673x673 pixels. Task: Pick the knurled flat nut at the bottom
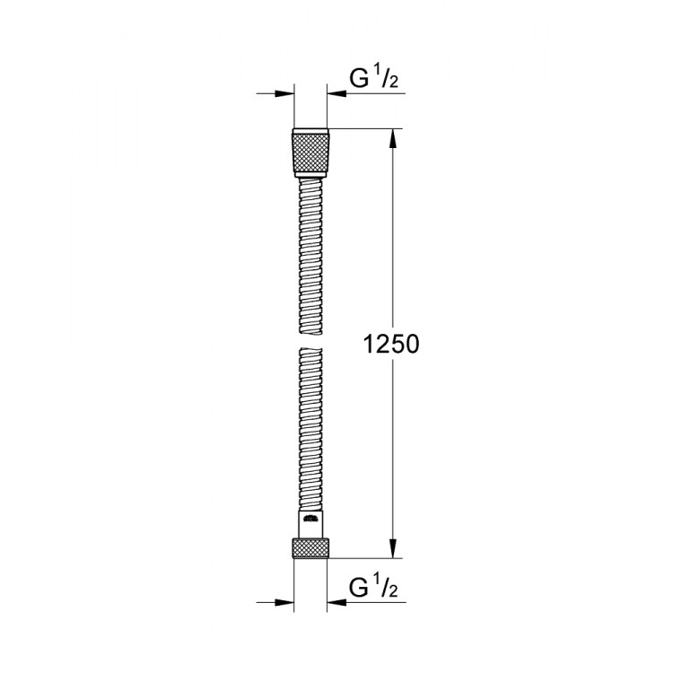[x=310, y=546]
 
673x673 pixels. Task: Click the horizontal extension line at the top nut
[x=363, y=130]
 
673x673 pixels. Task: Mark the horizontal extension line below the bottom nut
[x=363, y=557]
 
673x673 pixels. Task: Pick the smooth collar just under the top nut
[x=310, y=177]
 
